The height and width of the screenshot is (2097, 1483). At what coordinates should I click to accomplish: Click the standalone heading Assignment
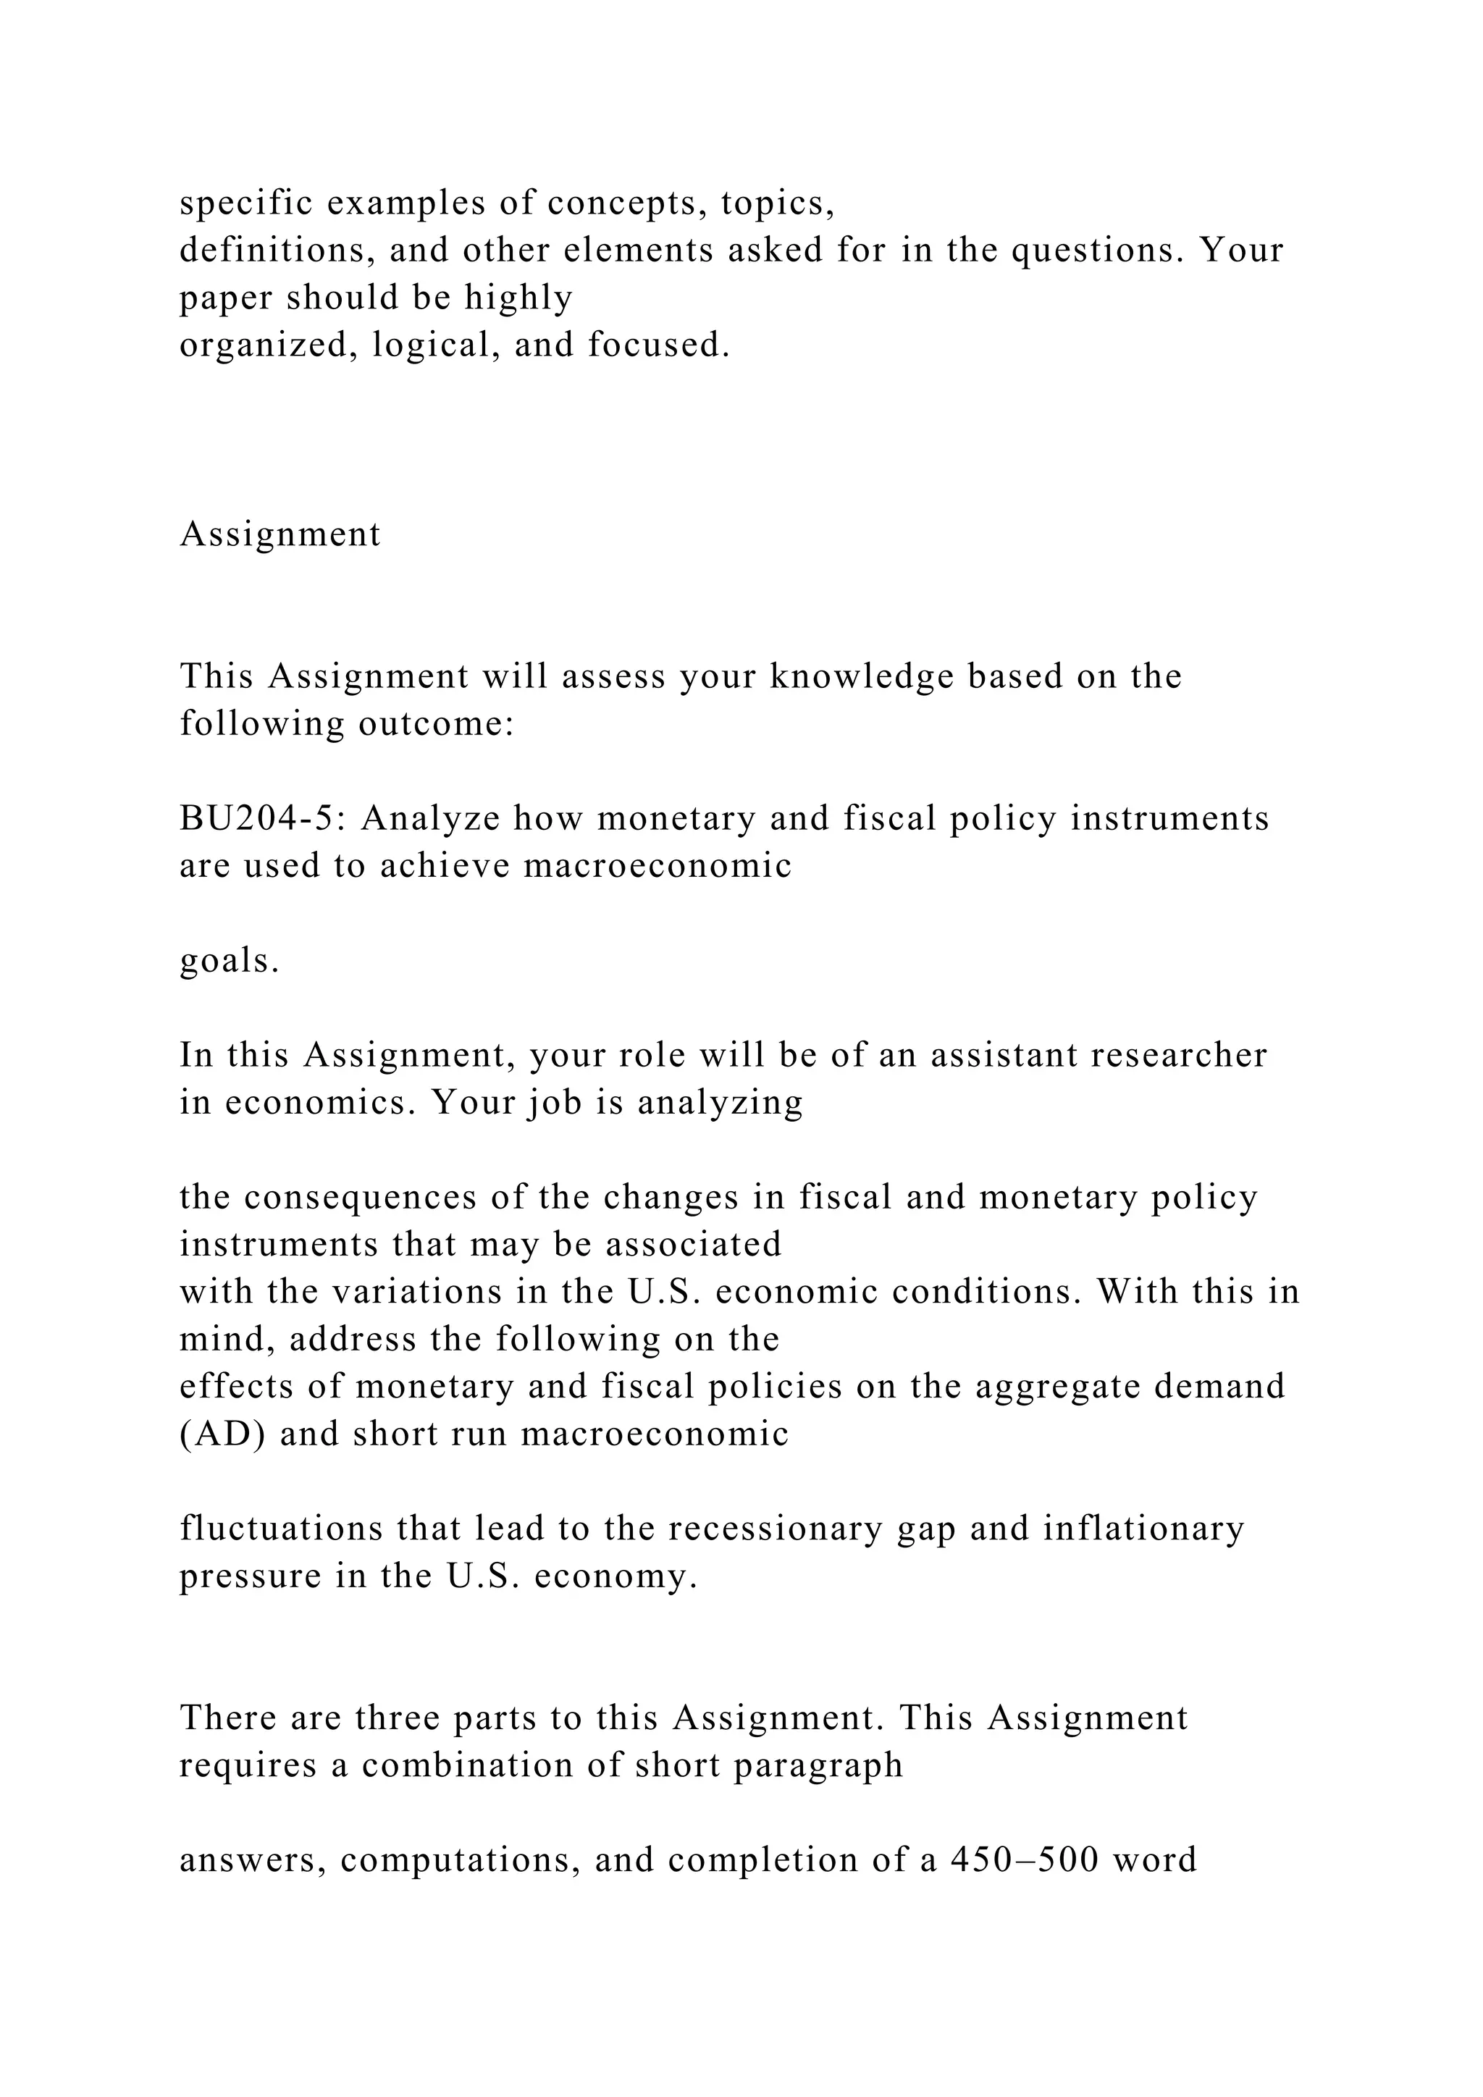(280, 534)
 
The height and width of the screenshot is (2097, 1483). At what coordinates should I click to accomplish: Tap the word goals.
(228, 962)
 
